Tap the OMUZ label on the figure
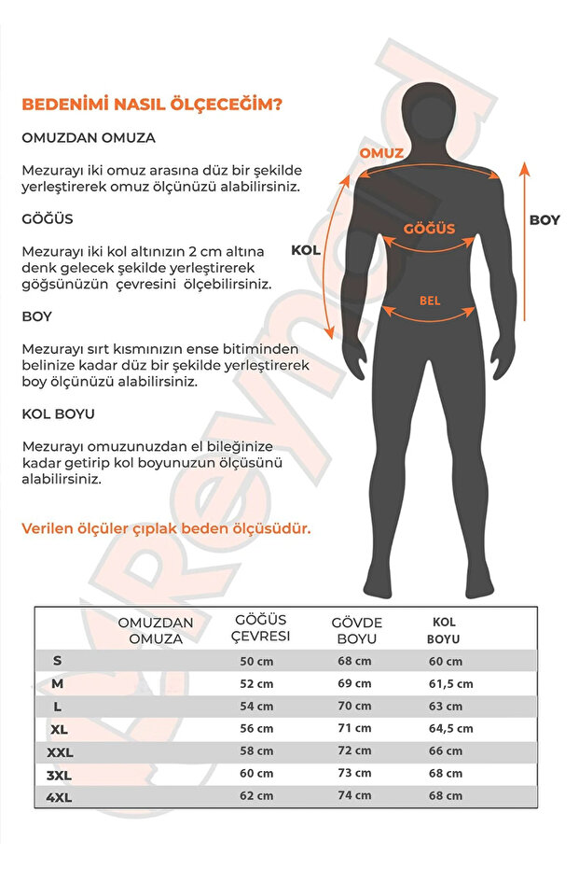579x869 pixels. point(381,153)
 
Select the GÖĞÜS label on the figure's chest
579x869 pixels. point(429,229)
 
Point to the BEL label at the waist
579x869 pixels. point(430,301)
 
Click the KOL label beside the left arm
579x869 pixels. point(306,250)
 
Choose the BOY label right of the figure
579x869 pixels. point(545,220)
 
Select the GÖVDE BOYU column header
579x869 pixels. point(357,631)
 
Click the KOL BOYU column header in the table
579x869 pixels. point(443,631)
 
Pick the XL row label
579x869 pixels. point(58,728)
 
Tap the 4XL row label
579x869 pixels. point(58,796)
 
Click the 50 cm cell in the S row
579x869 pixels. point(257,661)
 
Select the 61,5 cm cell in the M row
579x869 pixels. point(449,684)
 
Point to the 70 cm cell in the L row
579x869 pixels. point(355,707)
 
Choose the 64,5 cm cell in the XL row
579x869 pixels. point(449,729)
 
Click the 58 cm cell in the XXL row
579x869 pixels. point(257,751)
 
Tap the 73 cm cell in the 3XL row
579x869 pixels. point(355,774)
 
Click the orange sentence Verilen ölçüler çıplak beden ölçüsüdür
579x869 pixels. point(166,528)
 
